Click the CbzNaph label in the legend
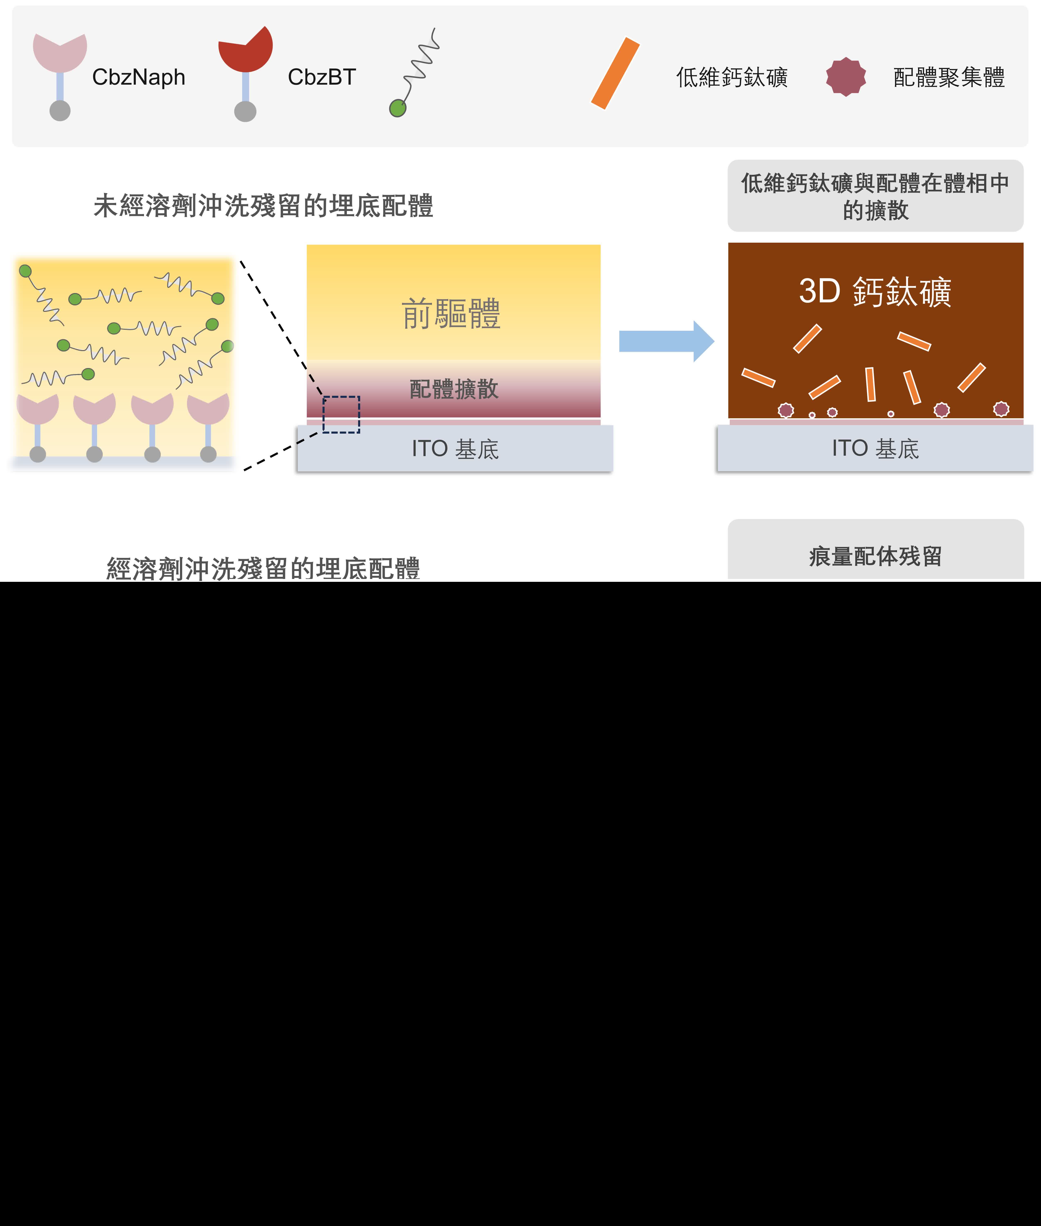[139, 77]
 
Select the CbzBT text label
[322, 77]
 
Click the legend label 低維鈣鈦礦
[732, 77]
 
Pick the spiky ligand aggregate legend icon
[846, 77]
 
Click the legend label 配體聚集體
[949, 77]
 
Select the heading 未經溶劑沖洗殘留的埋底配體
[263, 206]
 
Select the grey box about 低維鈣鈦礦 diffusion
[875, 196]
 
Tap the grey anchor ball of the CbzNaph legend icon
[60, 110]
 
